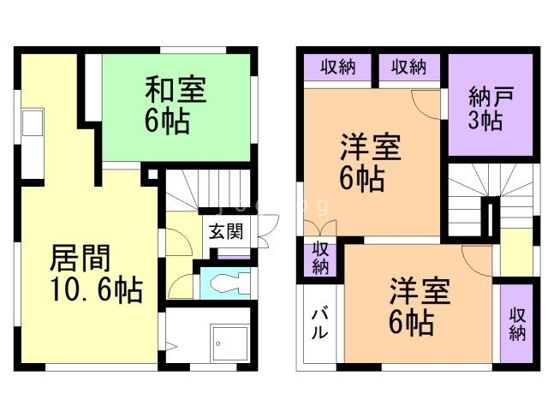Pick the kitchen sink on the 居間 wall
(32, 125)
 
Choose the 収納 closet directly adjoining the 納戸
(409, 67)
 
